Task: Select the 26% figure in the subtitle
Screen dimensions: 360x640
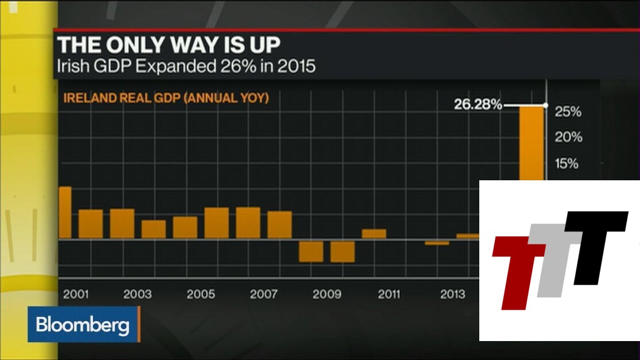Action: click(x=237, y=66)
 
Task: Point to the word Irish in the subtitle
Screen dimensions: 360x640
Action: click(x=72, y=66)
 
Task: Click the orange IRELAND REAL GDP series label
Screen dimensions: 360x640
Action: click(x=166, y=98)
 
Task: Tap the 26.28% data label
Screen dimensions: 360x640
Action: click(x=479, y=105)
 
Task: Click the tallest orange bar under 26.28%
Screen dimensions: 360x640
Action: click(x=532, y=144)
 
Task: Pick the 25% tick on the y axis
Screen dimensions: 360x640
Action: click(x=568, y=111)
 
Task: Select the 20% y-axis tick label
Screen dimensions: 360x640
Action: click(x=568, y=137)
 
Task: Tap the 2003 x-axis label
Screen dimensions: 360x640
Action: click(x=138, y=295)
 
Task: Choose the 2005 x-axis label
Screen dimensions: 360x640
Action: click(x=201, y=295)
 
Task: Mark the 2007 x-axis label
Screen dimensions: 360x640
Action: click(x=264, y=295)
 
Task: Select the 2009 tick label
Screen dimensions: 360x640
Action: click(x=327, y=295)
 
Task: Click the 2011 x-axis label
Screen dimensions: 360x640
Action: click(x=389, y=295)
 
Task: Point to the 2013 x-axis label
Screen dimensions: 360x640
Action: click(x=452, y=295)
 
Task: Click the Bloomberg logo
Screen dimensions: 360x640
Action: click(x=83, y=326)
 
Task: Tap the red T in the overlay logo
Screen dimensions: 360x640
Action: click(x=517, y=270)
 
